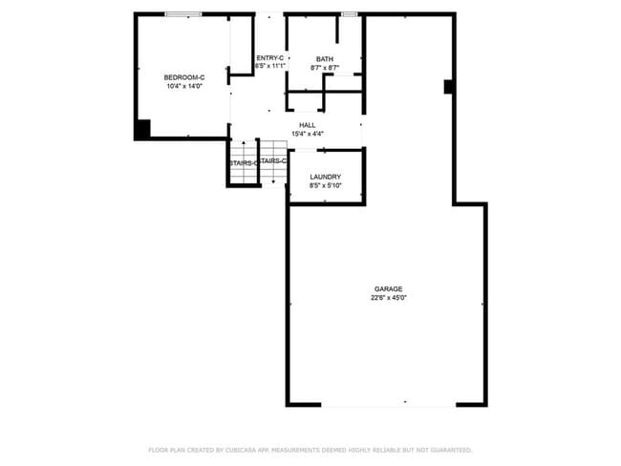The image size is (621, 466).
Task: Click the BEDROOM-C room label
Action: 184,77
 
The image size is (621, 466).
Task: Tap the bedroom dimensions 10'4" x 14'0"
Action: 184,87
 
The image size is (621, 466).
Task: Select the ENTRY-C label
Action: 270,58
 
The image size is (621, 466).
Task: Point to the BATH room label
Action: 325,59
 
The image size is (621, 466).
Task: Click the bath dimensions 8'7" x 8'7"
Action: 325,68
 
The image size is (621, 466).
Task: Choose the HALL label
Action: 307,125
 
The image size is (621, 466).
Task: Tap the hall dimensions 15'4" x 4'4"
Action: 307,134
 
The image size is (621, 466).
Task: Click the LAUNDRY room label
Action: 326,178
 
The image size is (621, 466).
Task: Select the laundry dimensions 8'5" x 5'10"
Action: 326,186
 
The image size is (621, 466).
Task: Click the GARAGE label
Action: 388,288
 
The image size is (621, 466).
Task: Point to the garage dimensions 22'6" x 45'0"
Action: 388,298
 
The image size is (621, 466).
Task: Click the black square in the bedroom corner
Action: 141,130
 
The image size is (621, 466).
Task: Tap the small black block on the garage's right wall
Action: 448,87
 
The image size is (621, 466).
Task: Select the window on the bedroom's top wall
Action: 182,13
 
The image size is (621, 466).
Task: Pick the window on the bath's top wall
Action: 349,13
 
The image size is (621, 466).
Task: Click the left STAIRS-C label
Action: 242,163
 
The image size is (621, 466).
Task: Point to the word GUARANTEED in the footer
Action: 449,450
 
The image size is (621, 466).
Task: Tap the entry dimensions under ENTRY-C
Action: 270,67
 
